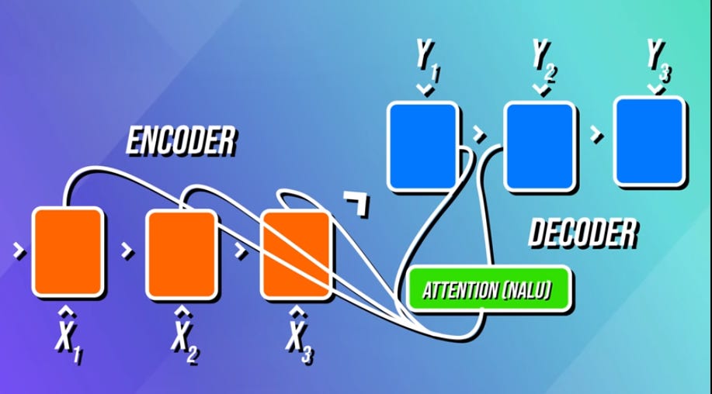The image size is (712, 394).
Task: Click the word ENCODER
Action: [x=180, y=143]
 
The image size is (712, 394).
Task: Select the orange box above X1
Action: [x=68, y=251]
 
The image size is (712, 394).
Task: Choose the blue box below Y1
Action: [x=422, y=146]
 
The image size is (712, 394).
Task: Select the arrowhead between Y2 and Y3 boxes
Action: [x=596, y=134]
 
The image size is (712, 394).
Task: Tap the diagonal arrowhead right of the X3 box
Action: [x=359, y=204]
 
